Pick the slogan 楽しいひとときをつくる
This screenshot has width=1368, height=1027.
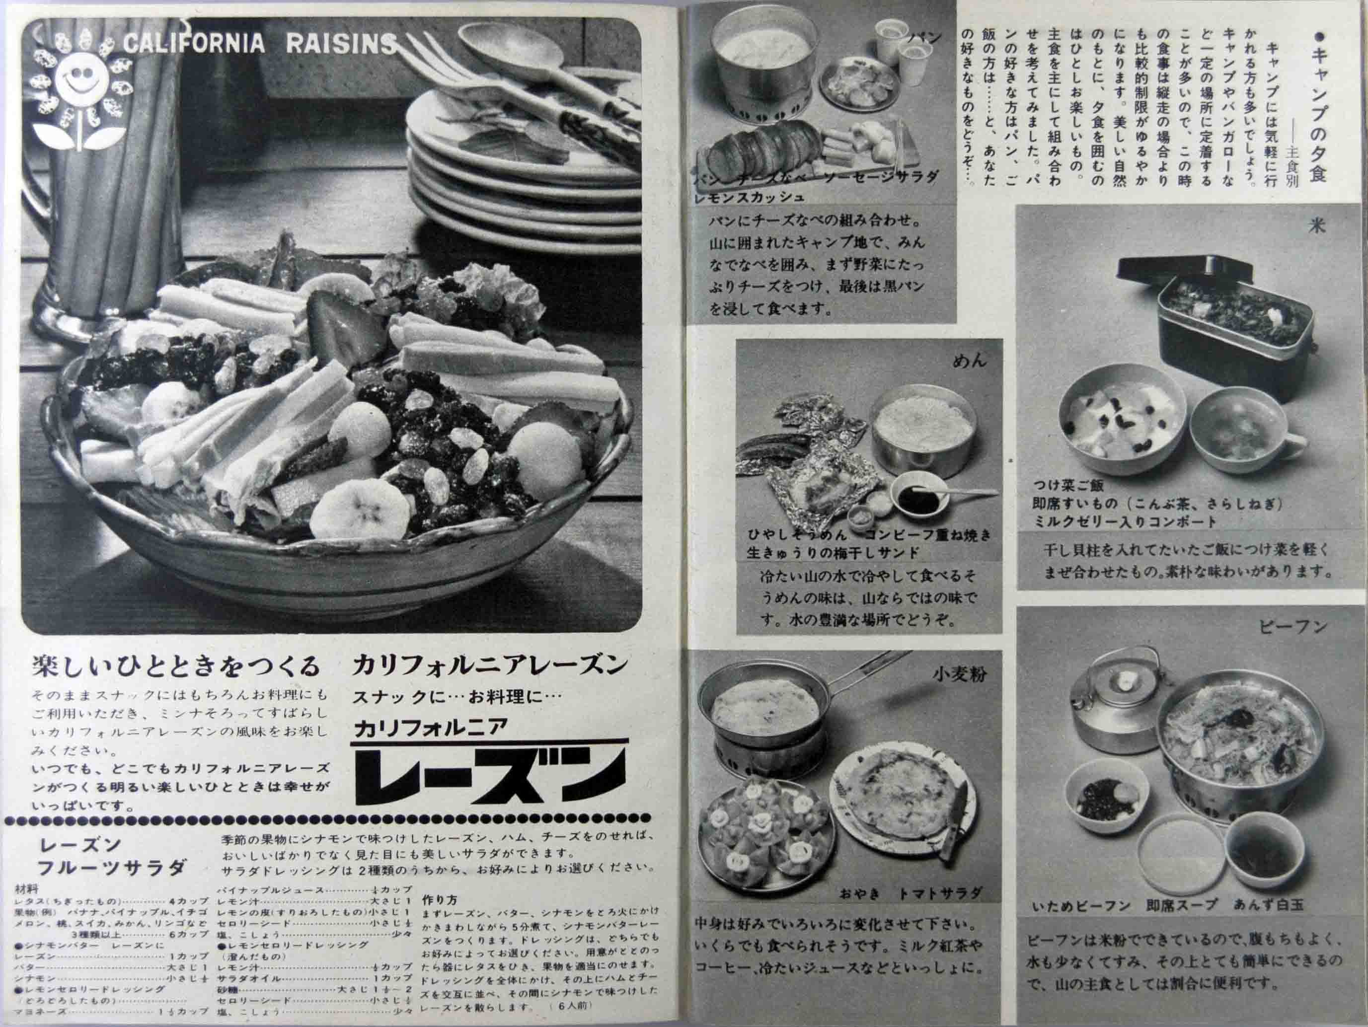click(176, 666)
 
